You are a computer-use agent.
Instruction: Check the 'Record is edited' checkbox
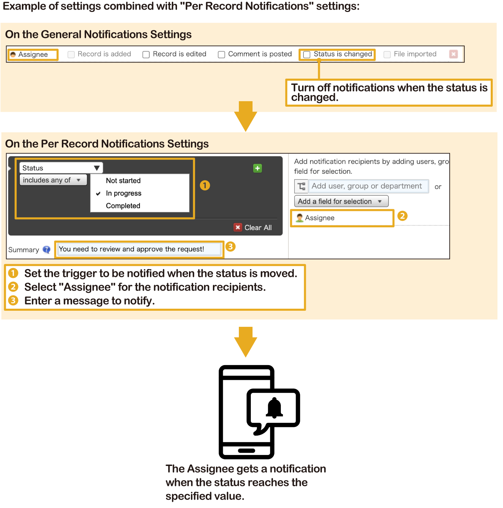[x=146, y=55]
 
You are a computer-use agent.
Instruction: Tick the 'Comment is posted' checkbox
[x=221, y=55]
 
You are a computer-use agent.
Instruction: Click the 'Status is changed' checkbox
[x=307, y=55]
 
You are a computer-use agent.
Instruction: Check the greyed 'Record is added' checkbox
[x=71, y=55]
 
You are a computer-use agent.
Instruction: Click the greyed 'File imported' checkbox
[x=387, y=55]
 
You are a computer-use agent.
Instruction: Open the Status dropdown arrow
[x=97, y=168]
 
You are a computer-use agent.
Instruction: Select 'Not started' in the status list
[x=123, y=181]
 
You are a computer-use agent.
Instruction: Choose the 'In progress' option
[x=123, y=193]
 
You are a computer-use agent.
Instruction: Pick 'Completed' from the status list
[x=123, y=206]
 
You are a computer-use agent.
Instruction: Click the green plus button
[x=257, y=168]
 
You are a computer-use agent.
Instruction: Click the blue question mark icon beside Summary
[x=46, y=250]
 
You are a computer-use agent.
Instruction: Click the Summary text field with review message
[x=139, y=249]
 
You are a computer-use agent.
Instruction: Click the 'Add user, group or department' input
[x=368, y=186]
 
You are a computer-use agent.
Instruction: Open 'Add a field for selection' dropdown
[x=341, y=201]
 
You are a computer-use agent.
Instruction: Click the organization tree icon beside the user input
[x=301, y=186]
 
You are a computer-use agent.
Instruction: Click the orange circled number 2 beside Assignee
[x=403, y=216]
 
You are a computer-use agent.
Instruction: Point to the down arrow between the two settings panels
[x=246, y=116]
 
